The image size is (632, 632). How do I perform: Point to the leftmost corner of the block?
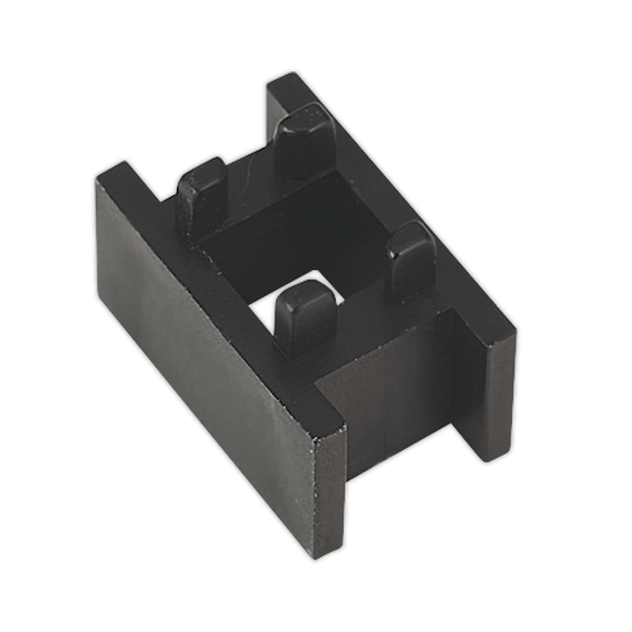95,181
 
